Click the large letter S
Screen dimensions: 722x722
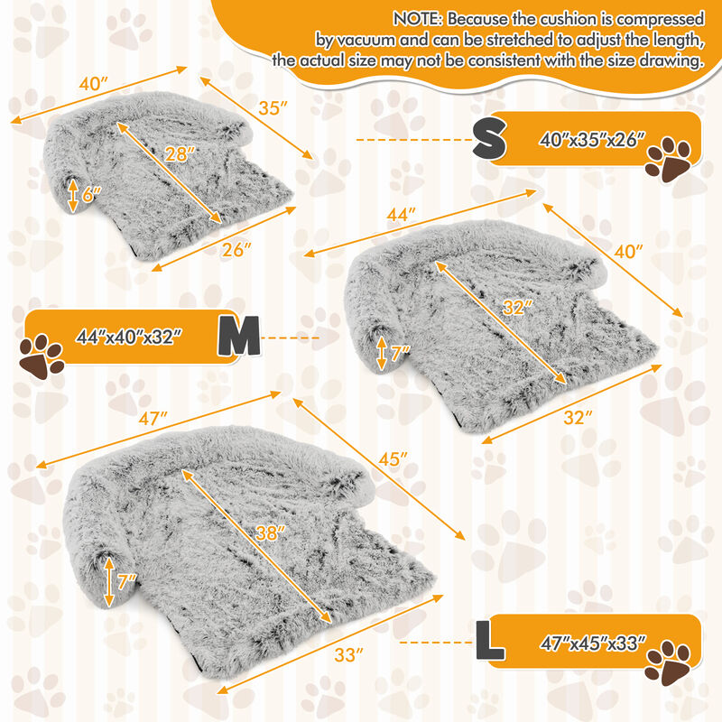[491, 140]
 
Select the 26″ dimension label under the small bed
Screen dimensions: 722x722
[235, 250]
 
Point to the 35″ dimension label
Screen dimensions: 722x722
[272, 108]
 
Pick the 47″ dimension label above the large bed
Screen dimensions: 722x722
[154, 419]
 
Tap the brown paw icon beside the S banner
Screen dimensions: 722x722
[669, 160]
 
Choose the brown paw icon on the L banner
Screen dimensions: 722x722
[669, 662]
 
